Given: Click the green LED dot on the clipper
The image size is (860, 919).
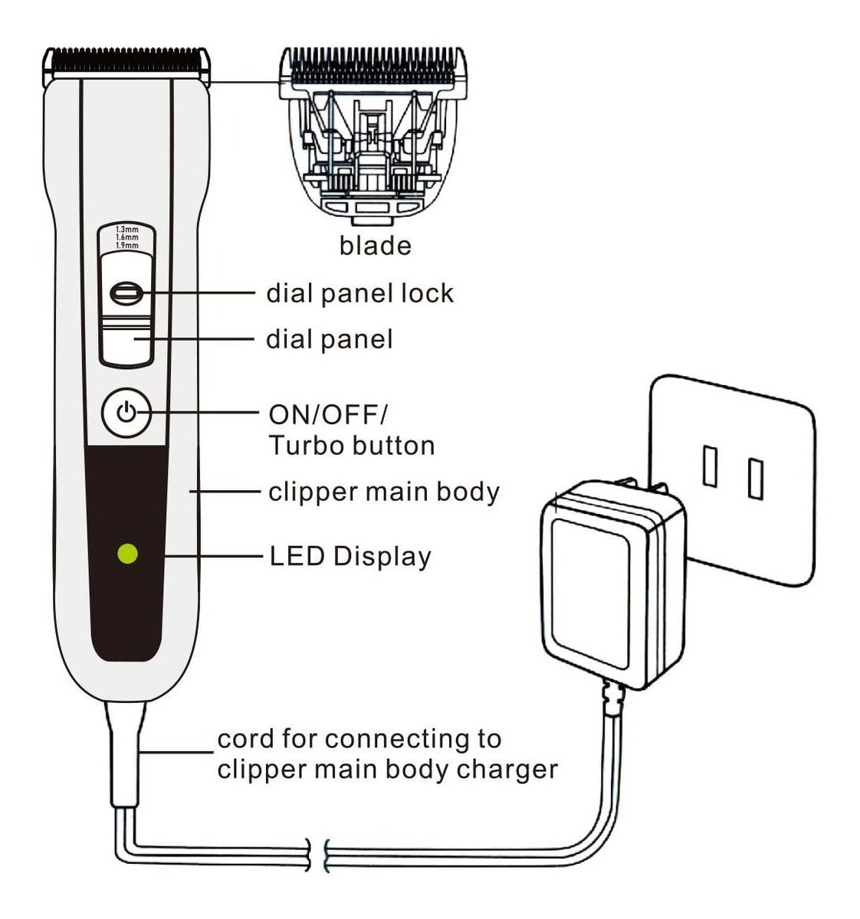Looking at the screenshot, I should coord(127,553).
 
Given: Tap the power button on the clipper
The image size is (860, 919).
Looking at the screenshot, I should coord(126,414).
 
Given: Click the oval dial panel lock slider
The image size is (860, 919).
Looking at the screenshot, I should coord(126,292).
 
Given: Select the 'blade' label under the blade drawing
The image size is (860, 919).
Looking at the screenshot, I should coord(375,246).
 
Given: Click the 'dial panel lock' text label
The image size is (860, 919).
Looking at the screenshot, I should coord(359,293).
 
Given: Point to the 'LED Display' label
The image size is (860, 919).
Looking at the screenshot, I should coord(350,557).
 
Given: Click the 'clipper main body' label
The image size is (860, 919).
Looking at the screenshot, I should coord(383,492).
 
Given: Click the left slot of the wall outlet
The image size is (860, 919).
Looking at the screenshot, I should coord(710,466).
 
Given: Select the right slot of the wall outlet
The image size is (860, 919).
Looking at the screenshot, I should coord(756,479).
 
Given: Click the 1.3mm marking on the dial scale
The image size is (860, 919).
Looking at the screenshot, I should coord(127,230).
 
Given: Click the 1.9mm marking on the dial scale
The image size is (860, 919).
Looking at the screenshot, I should coord(127,246).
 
